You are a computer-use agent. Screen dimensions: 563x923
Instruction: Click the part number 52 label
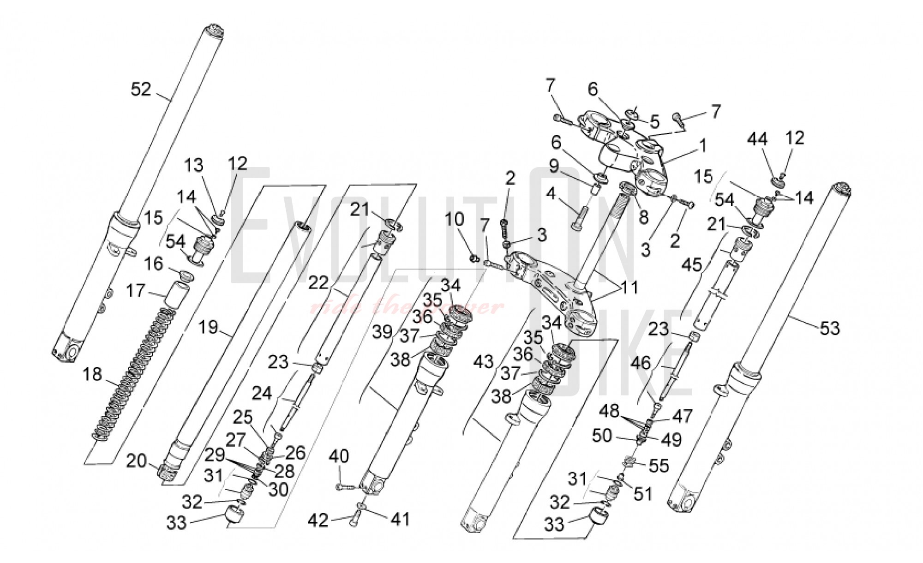pos(141,89)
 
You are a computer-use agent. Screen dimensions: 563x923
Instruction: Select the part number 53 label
pos(829,329)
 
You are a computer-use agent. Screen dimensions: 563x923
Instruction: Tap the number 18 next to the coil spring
pos(92,374)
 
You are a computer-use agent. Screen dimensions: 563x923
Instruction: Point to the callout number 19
pos(208,327)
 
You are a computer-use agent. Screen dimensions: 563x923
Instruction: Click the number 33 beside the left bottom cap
pos(176,523)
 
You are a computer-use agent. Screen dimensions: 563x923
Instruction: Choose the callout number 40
pos(339,457)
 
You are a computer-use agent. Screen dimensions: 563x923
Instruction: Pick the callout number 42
pos(318,521)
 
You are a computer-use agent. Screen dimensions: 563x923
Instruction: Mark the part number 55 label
pos(658,466)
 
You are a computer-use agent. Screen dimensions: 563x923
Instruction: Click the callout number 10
pos(454,220)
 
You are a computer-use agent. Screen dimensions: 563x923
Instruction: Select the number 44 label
pos(758,139)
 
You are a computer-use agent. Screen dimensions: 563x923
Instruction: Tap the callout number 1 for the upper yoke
pos(702,146)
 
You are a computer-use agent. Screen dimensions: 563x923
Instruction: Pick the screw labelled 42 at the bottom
pos(353,520)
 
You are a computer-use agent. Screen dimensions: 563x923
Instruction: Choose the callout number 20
pos(136,461)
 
